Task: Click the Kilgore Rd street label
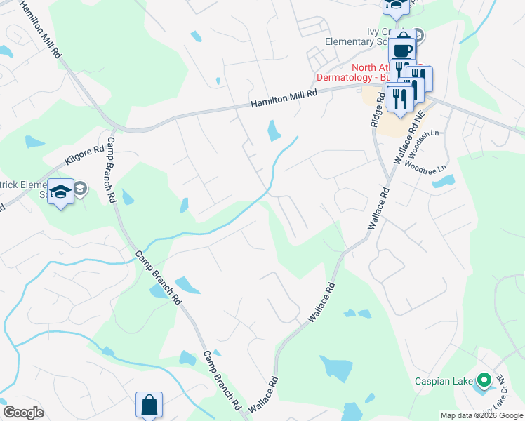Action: click(x=84, y=156)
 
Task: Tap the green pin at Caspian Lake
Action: click(x=483, y=381)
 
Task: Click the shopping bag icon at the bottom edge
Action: click(x=149, y=405)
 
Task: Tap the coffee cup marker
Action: click(x=402, y=51)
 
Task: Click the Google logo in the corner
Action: click(x=23, y=413)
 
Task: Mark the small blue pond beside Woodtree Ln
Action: click(x=443, y=182)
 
